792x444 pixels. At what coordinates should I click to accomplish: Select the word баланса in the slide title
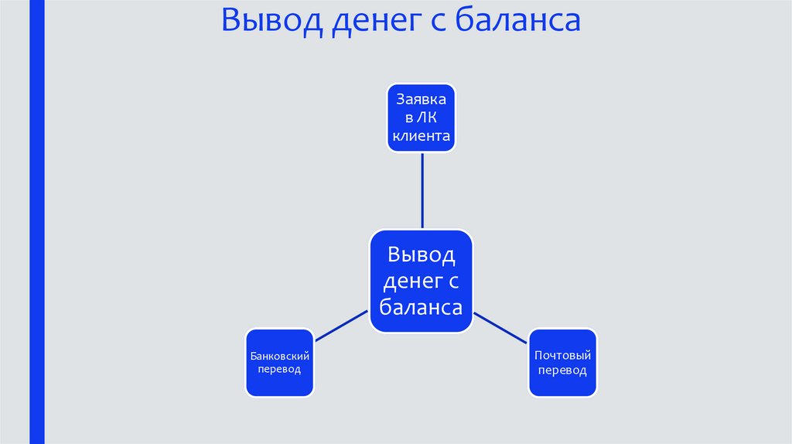517,22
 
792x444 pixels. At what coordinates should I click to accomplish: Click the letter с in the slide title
436,23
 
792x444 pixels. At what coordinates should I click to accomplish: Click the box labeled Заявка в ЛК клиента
422,118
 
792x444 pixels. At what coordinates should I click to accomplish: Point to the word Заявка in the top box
422,100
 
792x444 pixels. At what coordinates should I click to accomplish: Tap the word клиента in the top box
422,137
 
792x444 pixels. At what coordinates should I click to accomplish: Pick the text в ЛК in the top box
422,118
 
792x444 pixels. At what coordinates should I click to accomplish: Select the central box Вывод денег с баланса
421,281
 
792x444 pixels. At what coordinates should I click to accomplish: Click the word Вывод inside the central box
421,254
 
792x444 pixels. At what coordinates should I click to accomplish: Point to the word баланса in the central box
421,307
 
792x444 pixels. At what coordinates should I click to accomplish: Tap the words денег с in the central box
421,281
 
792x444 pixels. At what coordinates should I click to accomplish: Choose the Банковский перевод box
280,363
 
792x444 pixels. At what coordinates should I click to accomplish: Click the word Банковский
280,356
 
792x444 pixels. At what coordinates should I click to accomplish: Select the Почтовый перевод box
563,363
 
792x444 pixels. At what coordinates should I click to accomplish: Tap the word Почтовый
563,355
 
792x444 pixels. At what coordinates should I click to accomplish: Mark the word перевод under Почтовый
563,371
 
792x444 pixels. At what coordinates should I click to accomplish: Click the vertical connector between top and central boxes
422,190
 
